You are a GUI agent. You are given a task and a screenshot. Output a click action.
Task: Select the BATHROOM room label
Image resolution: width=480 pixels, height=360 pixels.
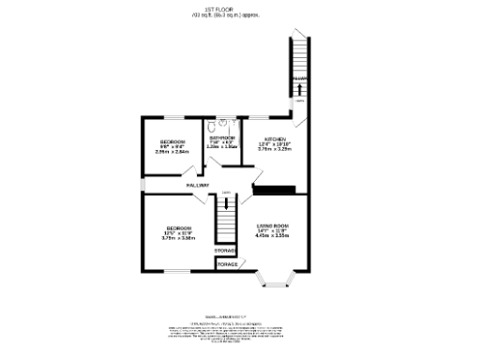pyautogui.click(x=221, y=136)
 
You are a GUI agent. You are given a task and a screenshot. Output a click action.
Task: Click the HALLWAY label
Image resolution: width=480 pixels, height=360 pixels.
pyautogui.click(x=196, y=186)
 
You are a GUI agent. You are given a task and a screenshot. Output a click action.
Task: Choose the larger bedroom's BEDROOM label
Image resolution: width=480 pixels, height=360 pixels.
pyautogui.click(x=179, y=228)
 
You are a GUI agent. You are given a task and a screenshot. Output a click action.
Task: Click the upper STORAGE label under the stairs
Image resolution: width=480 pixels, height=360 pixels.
pyautogui.click(x=225, y=250)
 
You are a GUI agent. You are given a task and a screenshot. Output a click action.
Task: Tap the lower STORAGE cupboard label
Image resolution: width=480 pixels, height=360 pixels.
pyautogui.click(x=227, y=265)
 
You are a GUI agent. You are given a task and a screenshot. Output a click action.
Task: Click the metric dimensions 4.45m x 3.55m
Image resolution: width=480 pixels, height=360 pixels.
pyautogui.click(x=273, y=236)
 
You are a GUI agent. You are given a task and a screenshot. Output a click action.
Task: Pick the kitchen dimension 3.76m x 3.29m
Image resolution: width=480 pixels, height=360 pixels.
pyautogui.click(x=277, y=148)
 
